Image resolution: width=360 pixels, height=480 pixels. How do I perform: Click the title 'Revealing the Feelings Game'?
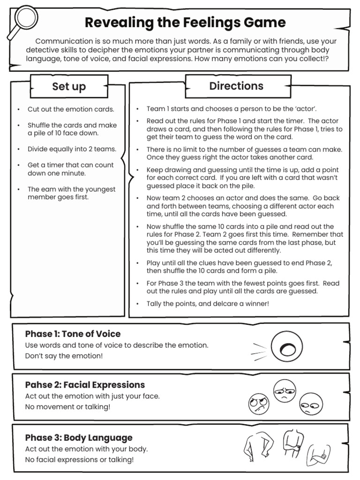click(x=185, y=22)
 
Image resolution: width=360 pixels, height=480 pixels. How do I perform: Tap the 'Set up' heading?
click(x=69, y=86)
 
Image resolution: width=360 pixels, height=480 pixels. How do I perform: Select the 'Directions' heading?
click(x=236, y=86)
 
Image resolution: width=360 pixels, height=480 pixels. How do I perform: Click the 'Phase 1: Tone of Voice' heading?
click(x=73, y=334)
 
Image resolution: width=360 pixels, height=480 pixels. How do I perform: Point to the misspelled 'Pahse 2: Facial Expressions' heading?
click(x=85, y=385)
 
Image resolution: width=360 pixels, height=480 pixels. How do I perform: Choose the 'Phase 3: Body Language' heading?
click(x=79, y=437)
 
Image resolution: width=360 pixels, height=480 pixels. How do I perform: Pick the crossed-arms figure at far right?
click(x=318, y=455)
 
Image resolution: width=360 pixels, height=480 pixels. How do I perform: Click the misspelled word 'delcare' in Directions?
click(x=235, y=304)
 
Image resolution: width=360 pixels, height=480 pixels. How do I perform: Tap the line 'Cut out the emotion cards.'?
click(x=71, y=109)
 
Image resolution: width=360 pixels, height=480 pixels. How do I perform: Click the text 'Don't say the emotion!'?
click(x=64, y=356)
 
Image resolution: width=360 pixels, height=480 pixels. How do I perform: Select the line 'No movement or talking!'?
click(x=68, y=406)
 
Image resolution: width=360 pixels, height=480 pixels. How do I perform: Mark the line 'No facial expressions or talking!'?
click(x=79, y=459)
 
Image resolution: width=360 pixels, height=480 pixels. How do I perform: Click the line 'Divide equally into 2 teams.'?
click(x=72, y=149)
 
